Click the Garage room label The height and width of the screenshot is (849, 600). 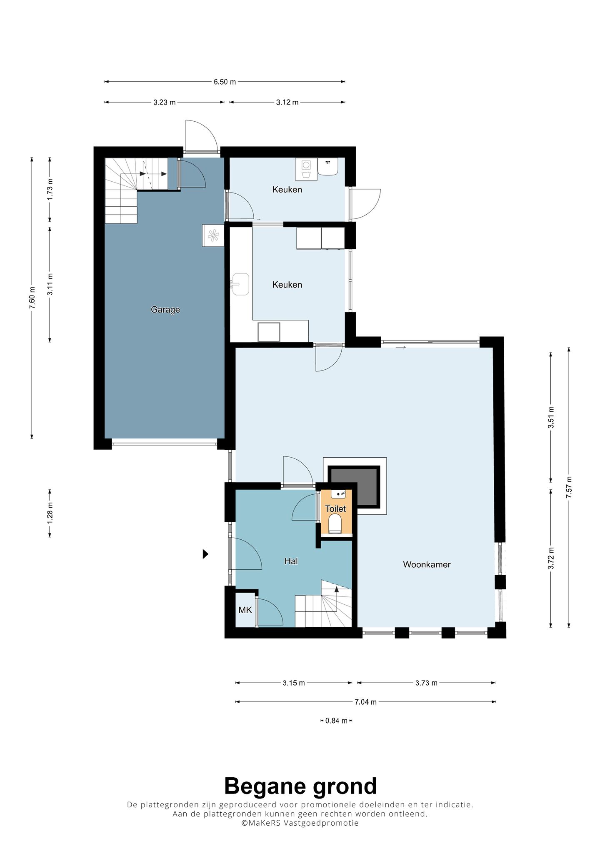click(x=165, y=310)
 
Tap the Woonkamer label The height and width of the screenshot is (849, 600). click(x=427, y=564)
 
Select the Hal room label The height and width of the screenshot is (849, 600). click(x=291, y=561)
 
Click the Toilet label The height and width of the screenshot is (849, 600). click(x=335, y=508)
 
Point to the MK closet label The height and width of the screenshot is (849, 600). click(x=245, y=610)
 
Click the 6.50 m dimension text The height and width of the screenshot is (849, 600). click(x=225, y=82)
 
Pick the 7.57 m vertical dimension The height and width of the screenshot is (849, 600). click(x=569, y=487)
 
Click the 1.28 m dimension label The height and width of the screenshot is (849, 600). click(x=50, y=513)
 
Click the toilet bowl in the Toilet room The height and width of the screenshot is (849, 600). click(x=335, y=523)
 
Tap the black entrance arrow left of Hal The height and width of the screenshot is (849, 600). click(x=205, y=554)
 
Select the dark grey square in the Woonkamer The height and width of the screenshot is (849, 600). click(x=354, y=487)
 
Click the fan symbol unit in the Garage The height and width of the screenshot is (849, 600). click(x=213, y=235)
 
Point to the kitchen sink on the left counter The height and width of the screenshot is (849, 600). click(x=240, y=284)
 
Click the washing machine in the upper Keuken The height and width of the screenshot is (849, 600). click(x=306, y=169)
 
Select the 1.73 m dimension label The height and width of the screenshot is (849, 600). click(x=50, y=189)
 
